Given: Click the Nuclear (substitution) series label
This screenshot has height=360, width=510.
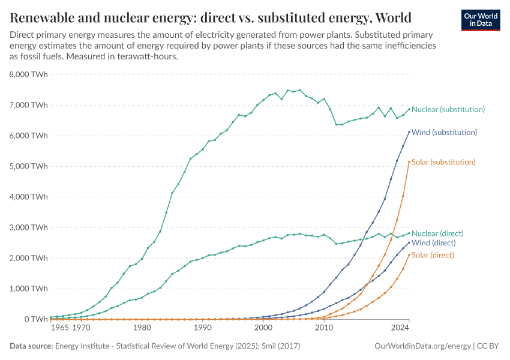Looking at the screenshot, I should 448,109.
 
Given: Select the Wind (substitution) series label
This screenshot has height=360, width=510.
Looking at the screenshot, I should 445,132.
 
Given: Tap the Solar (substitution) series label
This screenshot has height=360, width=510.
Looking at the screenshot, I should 443,162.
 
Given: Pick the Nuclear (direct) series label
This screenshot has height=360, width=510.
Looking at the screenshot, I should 437,233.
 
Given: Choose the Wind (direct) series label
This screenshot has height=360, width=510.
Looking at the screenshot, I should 434,243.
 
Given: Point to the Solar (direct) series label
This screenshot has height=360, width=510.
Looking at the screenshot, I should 433,255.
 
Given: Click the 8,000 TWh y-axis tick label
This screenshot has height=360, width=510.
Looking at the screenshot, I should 28,74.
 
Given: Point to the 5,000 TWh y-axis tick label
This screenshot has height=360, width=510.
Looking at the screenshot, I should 28,166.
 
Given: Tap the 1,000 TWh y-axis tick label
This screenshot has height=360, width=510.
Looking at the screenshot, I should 28,289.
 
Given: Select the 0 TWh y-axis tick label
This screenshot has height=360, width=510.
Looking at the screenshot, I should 35,319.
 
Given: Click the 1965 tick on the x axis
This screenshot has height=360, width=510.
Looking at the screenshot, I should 59,328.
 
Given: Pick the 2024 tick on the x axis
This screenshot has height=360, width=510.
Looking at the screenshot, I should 400,328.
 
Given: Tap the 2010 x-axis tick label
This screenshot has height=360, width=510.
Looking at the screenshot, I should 324,328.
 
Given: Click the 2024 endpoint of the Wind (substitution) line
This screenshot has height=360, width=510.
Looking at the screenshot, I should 409,132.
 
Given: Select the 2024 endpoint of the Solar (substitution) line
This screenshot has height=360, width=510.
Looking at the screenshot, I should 409,161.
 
